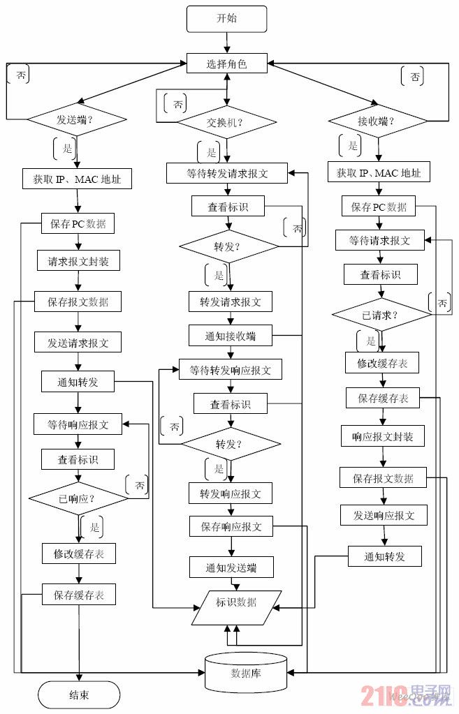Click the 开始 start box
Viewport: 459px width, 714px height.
coord(226,19)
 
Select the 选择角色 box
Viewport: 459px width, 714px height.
coord(226,64)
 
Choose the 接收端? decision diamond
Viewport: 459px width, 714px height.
coord(377,121)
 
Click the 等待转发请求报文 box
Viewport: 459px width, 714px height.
coord(227,173)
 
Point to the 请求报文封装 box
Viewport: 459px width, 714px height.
coord(78,261)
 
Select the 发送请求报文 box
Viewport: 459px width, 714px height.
coord(78,342)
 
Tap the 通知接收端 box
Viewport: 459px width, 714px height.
coord(230,336)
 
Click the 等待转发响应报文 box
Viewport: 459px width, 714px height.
coord(230,369)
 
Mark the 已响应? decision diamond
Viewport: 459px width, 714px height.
coord(78,499)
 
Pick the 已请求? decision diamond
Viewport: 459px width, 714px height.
coord(381,314)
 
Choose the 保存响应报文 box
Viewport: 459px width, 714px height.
coord(231,527)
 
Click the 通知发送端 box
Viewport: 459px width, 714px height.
coord(231,567)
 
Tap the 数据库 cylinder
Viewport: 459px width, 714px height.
coord(246,672)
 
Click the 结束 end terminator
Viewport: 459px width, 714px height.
coord(78,695)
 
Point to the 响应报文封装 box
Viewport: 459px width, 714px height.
coord(383,437)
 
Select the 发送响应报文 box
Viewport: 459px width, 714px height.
coord(383,516)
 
